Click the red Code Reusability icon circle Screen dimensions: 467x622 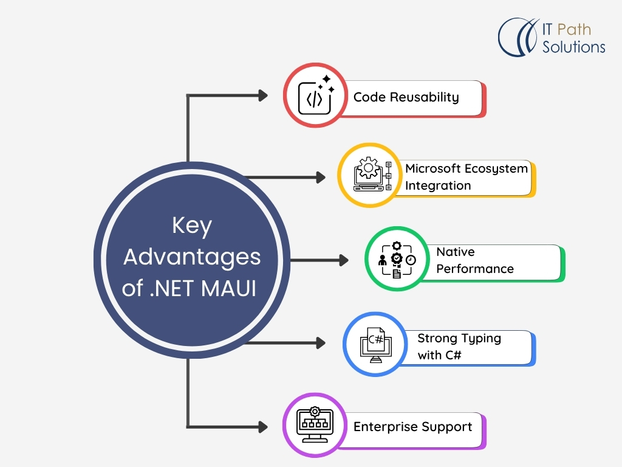point(315,95)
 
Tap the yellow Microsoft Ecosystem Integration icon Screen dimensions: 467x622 point(369,175)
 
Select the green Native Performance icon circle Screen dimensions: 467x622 point(396,260)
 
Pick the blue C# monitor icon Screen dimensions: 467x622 point(374,344)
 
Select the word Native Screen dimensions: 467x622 point(456,252)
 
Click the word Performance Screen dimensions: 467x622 point(475,268)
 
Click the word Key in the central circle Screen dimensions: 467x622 point(192,226)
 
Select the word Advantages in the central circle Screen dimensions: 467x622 point(192,257)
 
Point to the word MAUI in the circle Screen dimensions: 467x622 point(229,288)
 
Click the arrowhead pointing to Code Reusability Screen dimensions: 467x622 point(263,95)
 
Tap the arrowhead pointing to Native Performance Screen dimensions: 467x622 point(344,260)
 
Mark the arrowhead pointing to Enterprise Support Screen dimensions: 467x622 point(263,426)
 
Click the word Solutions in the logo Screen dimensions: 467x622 point(573,47)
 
